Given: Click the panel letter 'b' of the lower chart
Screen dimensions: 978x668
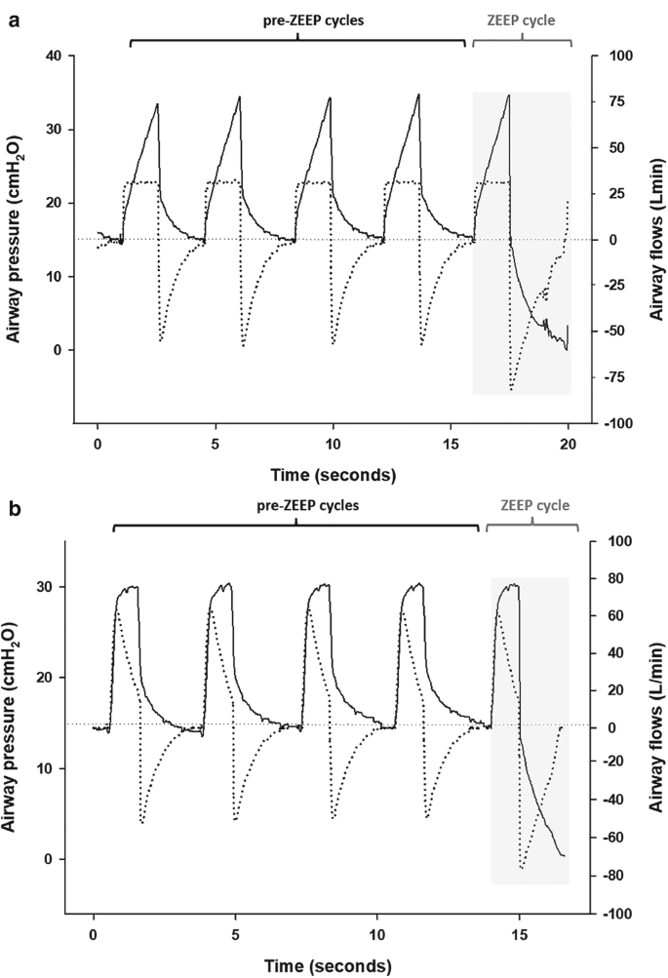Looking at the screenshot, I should (15, 509).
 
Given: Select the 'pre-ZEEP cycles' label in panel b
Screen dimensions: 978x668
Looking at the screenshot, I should (296, 506).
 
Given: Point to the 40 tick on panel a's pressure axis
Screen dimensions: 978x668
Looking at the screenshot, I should (55, 57).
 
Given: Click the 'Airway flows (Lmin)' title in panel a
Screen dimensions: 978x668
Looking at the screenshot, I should (655, 239).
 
